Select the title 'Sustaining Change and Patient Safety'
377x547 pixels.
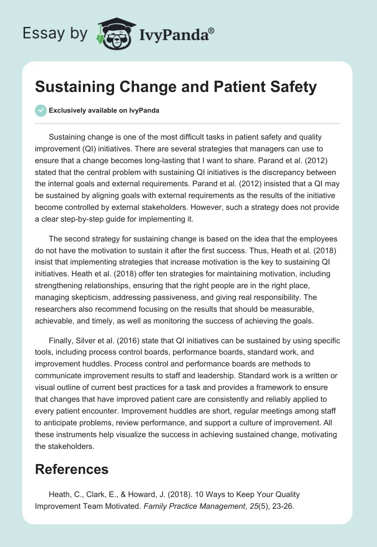click(x=176, y=87)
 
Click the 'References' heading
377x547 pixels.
click(x=72, y=469)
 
